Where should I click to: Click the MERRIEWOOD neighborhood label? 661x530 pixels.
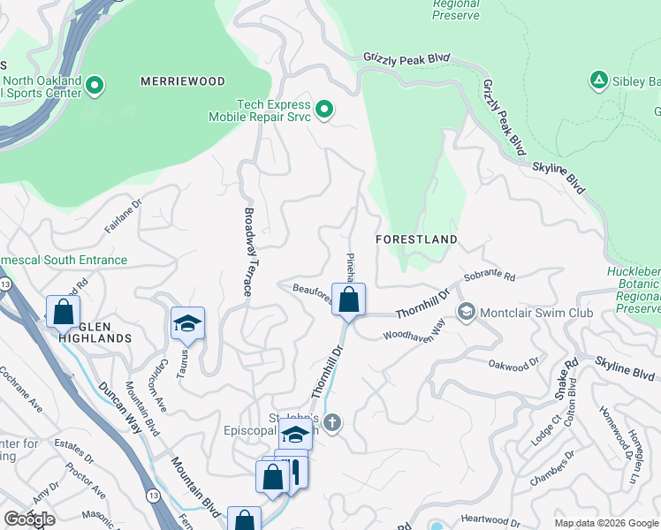[183, 81]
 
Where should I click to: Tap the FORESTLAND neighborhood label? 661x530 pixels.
[416, 239]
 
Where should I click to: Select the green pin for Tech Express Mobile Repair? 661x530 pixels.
[324, 110]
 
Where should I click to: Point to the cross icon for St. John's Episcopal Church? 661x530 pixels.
[331, 422]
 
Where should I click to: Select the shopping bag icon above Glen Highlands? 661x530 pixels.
[64, 311]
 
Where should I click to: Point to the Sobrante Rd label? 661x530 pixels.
[489, 276]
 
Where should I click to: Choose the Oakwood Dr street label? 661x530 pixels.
[513, 363]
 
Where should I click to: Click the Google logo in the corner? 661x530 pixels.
[29, 519]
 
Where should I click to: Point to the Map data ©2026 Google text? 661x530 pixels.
[605, 522]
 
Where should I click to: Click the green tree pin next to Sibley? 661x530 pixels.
[598, 81]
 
